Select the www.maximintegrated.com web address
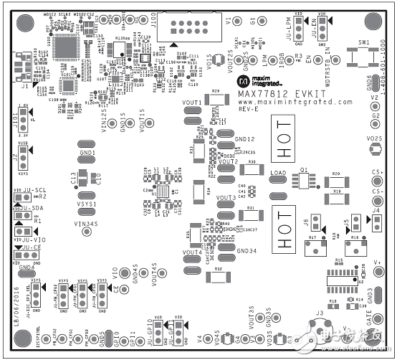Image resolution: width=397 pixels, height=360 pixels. tap(296, 103)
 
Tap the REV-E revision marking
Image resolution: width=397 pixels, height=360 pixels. tap(248, 110)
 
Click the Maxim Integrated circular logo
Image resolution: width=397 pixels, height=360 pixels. tap(242, 76)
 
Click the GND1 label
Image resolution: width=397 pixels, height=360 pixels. tap(87, 153)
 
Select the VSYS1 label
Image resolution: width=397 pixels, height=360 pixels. tap(87, 194)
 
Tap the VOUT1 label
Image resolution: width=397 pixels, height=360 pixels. tap(192, 103)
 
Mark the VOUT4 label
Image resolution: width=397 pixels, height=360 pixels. tap(192, 252)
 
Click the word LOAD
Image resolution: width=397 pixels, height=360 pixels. tap(278, 174)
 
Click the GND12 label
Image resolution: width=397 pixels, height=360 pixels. tap(244, 139)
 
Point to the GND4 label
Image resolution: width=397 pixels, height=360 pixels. tap(27, 267)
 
